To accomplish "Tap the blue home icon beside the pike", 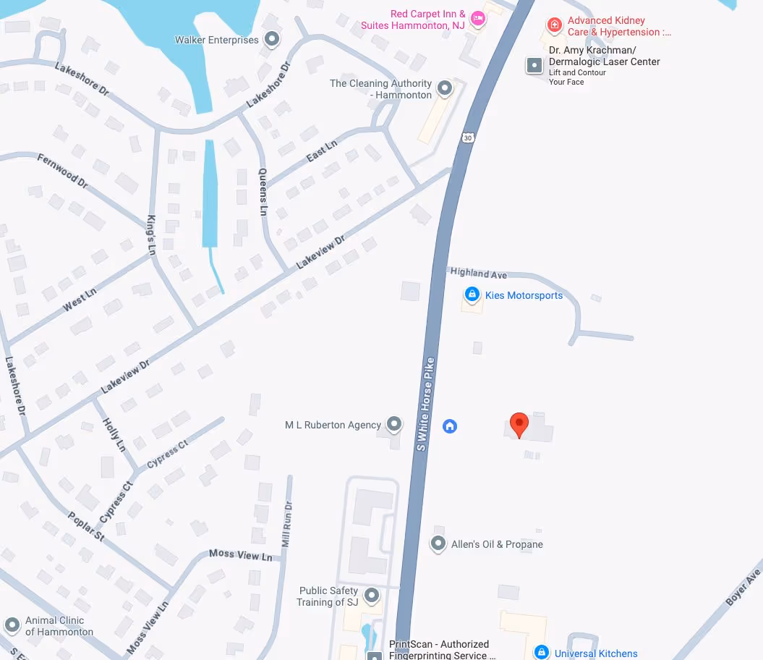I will click(x=450, y=426).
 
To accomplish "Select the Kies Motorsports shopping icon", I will click(x=472, y=295).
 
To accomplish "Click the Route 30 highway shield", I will click(x=469, y=137).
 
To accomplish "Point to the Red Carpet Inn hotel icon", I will click(x=477, y=20).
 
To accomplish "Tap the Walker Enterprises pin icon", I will click(x=272, y=39).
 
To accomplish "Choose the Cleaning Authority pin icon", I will click(x=445, y=89).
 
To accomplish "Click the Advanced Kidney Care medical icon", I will click(x=554, y=25).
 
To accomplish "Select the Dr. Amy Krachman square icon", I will click(x=534, y=65).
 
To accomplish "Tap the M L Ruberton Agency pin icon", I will click(x=394, y=424).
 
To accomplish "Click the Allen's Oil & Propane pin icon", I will click(x=438, y=543).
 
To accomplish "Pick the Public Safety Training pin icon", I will click(x=372, y=596).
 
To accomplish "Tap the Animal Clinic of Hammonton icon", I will click(x=12, y=625).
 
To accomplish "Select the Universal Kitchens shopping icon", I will click(x=541, y=653).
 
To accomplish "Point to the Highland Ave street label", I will click(x=479, y=274).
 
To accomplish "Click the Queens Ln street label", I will click(x=263, y=192).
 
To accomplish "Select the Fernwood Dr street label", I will click(x=62, y=172).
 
